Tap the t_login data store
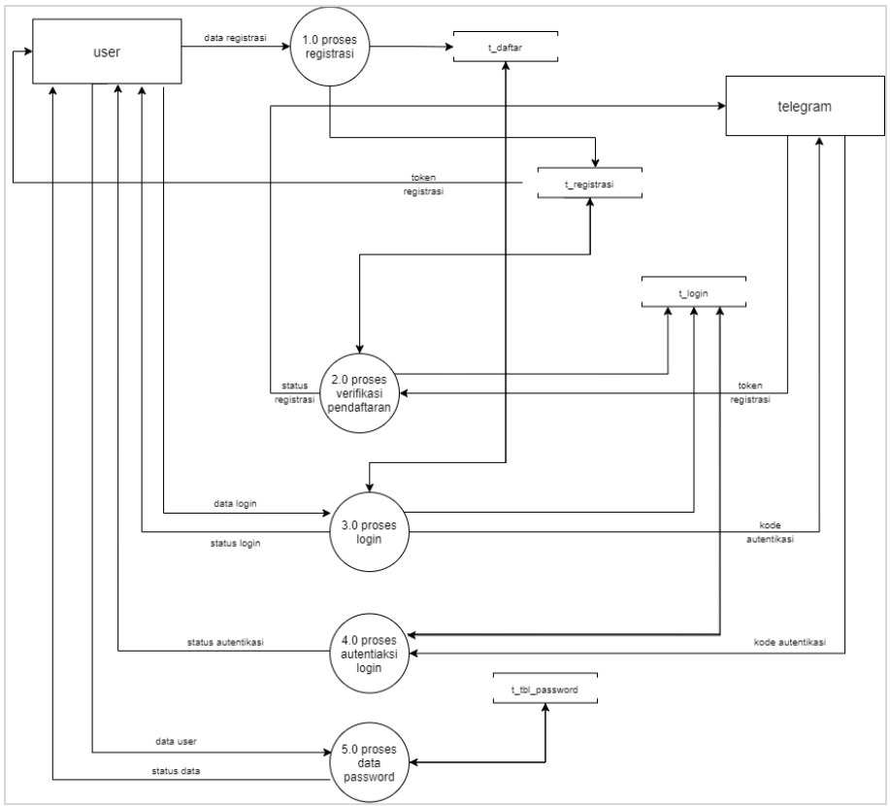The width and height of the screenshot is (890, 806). (x=694, y=291)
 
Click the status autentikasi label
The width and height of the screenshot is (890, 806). (x=227, y=642)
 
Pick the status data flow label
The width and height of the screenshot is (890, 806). (x=178, y=771)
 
